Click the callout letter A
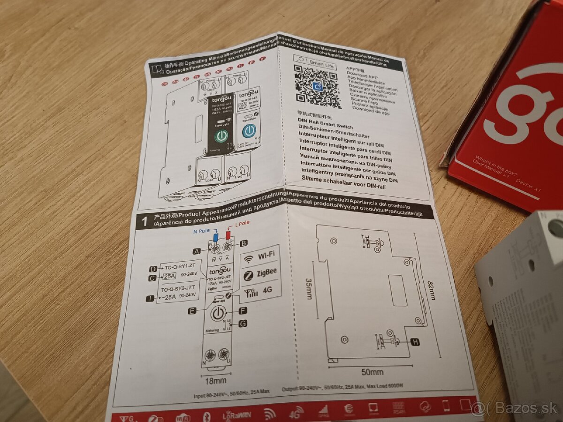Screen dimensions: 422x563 point(197,251)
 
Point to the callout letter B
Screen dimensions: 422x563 point(243,243)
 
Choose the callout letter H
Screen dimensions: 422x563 point(415,341)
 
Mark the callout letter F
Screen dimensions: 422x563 point(243,310)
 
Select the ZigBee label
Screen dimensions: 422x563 point(260,273)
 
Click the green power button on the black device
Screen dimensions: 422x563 point(221,136)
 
